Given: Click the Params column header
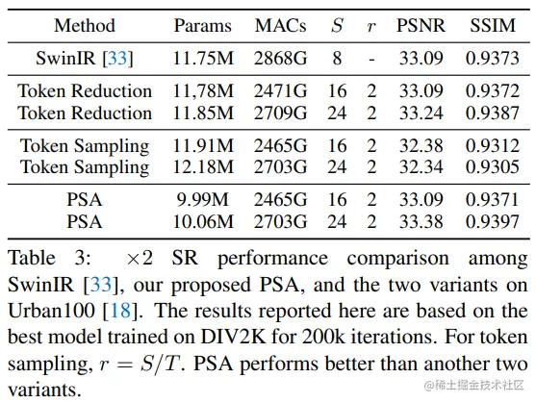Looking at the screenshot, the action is click(x=203, y=26).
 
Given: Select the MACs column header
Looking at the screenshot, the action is click(x=280, y=26).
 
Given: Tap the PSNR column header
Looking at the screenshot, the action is click(x=421, y=26).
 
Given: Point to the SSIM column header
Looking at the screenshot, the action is click(x=493, y=26).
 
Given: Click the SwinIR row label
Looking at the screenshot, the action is click(x=85, y=58).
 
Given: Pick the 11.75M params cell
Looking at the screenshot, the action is click(x=203, y=58).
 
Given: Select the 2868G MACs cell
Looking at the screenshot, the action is click(x=280, y=58).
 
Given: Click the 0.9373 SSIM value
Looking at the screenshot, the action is click(x=493, y=58).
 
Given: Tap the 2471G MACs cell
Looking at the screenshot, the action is click(x=280, y=90).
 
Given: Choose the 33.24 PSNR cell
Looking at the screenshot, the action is click(x=421, y=113).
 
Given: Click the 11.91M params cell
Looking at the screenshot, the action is click(x=203, y=146).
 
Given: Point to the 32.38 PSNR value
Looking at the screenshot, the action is click(x=421, y=146).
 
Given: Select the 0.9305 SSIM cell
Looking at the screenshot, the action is click(x=493, y=167).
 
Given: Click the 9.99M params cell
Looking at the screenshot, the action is click(x=203, y=200).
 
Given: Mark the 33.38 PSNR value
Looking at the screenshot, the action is click(x=421, y=221).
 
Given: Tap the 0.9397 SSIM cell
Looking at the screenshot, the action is click(x=493, y=221).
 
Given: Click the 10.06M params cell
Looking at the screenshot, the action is click(x=203, y=221).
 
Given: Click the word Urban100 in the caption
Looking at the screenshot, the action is click(x=51, y=311).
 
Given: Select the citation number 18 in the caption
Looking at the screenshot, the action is click(x=120, y=311).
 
